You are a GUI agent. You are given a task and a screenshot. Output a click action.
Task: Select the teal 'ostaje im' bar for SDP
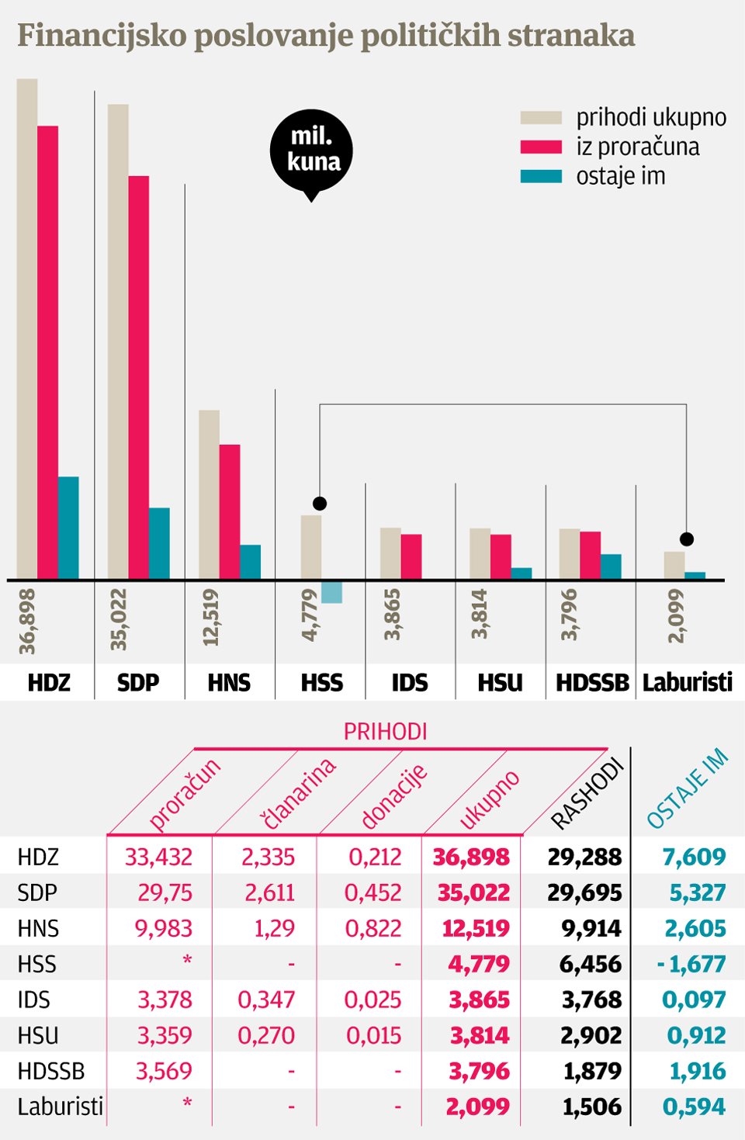159,543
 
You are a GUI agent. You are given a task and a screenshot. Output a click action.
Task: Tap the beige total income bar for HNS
209,494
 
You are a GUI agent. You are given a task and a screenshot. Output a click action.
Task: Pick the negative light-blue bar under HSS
331,592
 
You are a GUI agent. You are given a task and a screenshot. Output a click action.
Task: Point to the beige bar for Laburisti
674,565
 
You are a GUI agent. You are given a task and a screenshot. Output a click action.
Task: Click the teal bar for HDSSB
611,567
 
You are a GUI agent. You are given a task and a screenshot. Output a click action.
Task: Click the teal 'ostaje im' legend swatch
541,177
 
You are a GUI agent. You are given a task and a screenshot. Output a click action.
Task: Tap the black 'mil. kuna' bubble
312,151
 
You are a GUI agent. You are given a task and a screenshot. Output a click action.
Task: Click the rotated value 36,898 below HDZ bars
27,622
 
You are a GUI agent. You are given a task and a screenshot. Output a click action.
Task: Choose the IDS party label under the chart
409,683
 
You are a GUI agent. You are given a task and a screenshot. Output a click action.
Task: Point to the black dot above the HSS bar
320,504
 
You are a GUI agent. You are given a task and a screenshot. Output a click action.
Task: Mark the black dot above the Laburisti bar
686,539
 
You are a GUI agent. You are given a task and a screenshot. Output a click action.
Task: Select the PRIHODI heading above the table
385,732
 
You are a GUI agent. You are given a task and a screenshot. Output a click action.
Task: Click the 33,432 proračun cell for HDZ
158,857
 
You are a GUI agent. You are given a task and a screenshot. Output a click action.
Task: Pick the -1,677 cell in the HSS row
691,964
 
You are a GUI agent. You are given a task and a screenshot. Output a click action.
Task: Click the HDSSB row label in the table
50,1071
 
